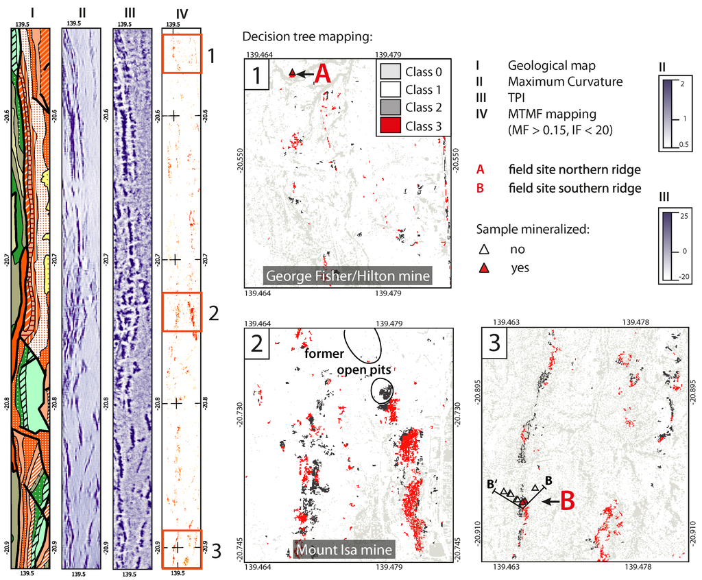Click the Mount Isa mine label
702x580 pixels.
(x=343, y=550)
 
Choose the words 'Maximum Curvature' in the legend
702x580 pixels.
(x=565, y=82)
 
